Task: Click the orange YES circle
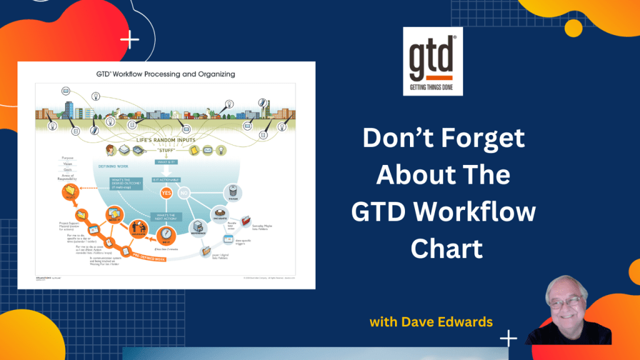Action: [x=166, y=193]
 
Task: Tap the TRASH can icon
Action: [x=232, y=192]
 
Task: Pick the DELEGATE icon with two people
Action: [x=139, y=230]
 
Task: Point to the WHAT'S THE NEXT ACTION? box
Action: [x=166, y=216]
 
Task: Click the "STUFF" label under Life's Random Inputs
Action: [x=166, y=150]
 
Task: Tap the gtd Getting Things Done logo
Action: [x=433, y=61]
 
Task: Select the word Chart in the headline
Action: [x=447, y=249]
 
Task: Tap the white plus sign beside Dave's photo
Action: [x=509, y=338]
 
